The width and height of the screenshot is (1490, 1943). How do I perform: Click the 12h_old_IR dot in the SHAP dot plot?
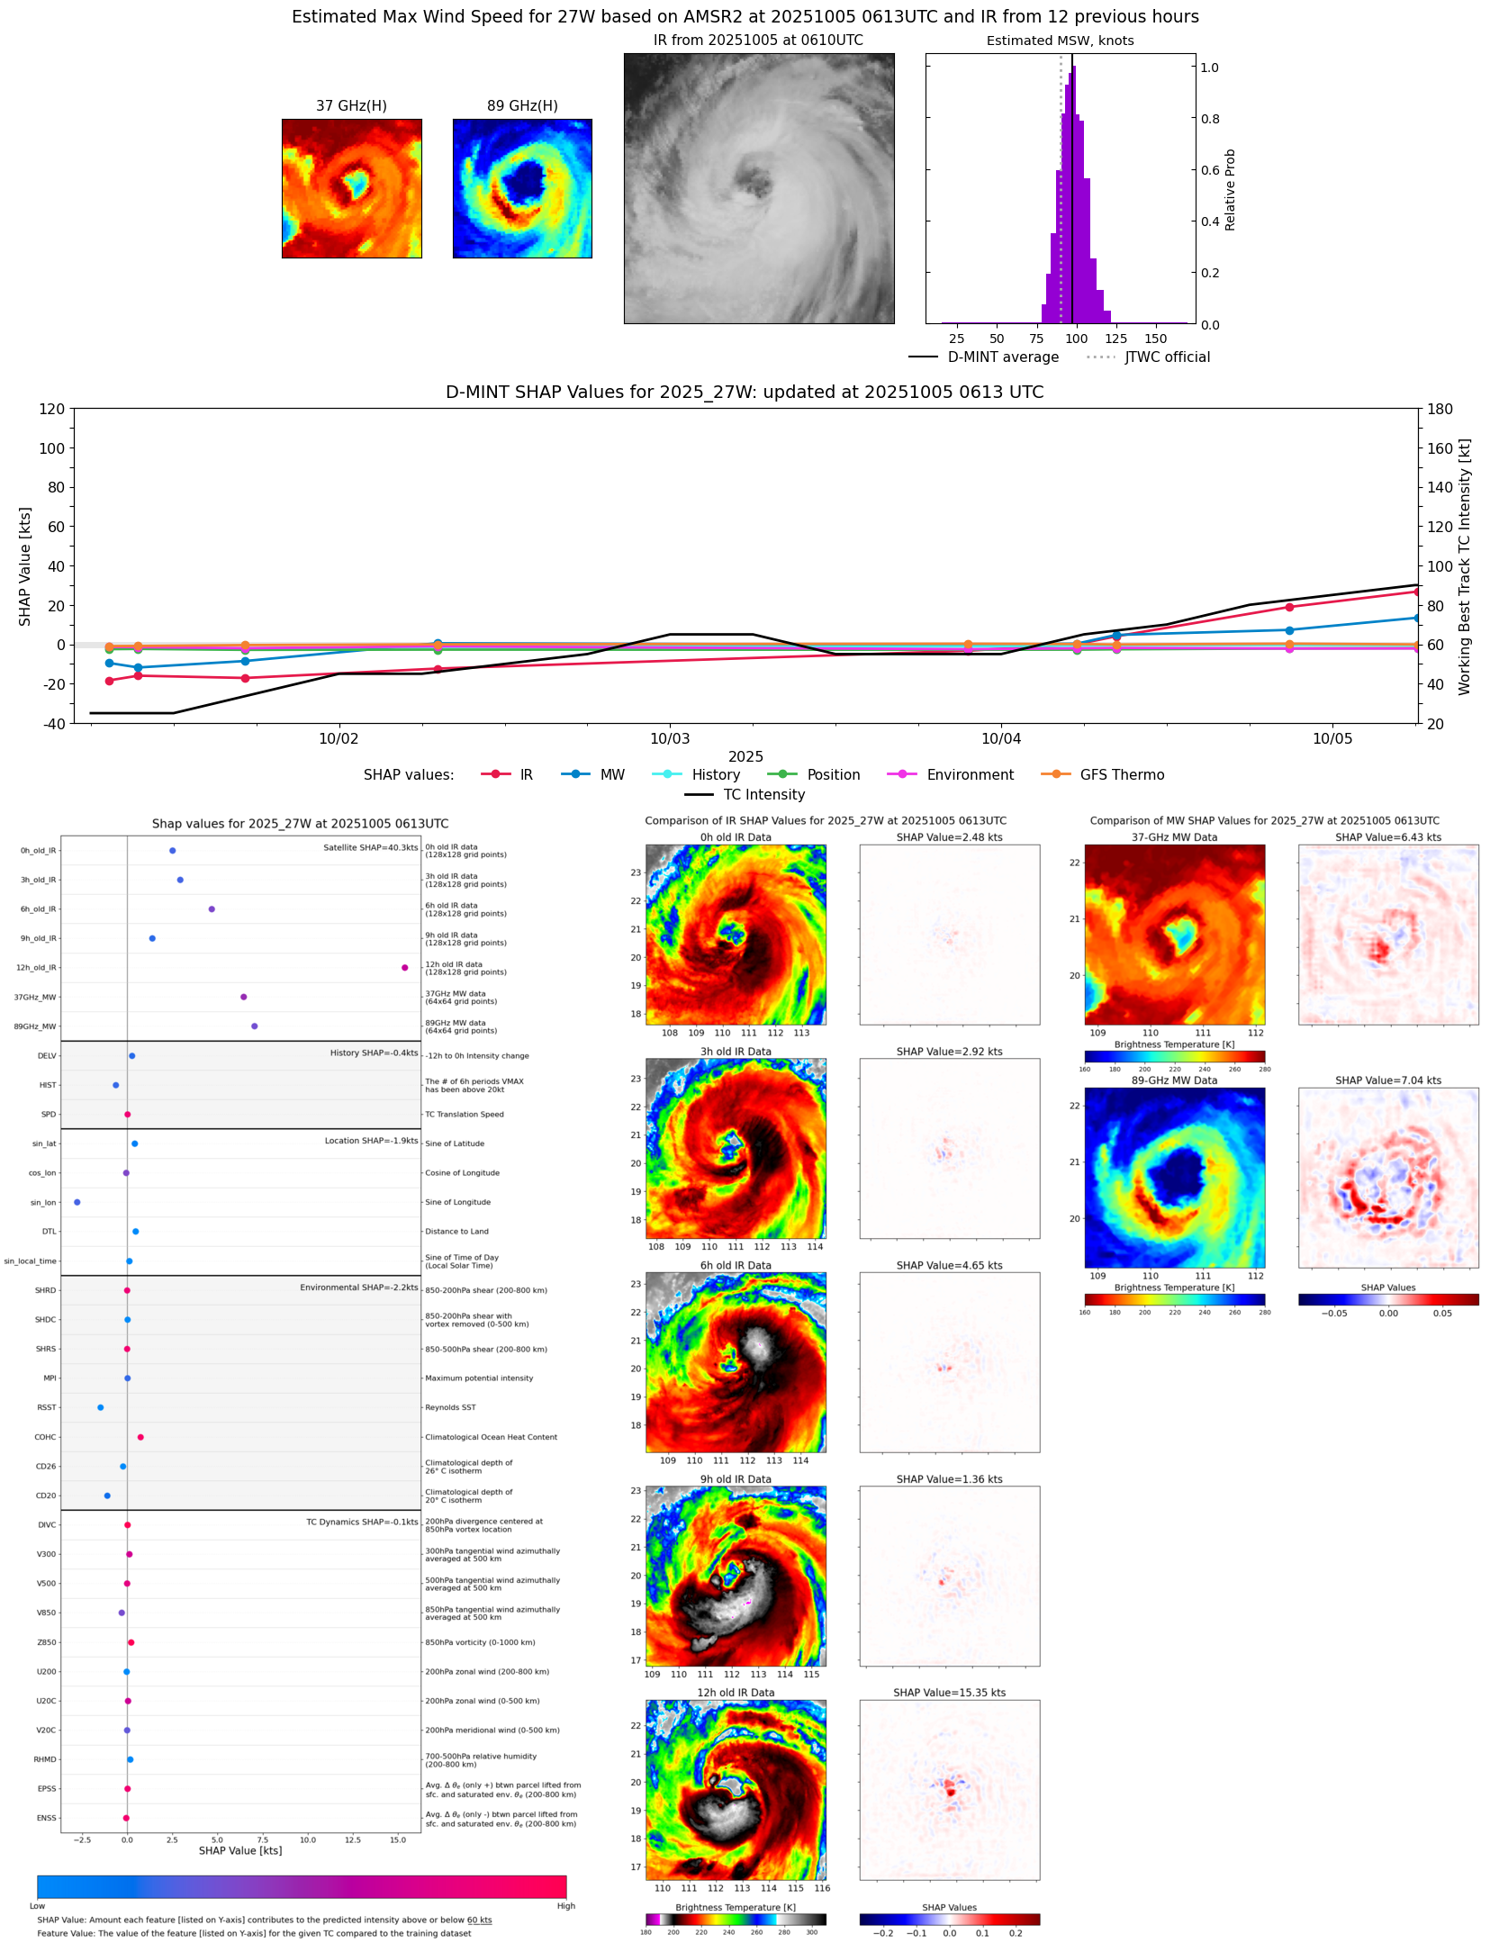coord(405,968)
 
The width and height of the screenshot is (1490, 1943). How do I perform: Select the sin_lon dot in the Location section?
coord(77,1202)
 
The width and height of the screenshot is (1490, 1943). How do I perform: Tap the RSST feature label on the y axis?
coord(47,1407)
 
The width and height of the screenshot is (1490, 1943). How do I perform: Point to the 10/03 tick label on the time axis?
coord(670,739)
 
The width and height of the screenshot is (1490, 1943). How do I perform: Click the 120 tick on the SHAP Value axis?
coord(52,409)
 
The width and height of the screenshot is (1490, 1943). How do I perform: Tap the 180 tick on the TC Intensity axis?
coord(1440,409)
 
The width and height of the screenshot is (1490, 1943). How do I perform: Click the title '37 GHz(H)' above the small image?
coord(351,106)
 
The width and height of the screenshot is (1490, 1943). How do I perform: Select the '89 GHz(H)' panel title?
coord(522,106)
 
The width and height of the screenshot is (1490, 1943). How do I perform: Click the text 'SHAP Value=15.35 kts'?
coord(949,1693)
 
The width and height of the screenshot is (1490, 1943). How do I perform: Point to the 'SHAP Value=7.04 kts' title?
coord(1387,1080)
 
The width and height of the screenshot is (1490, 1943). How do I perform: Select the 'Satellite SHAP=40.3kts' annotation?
coord(370,848)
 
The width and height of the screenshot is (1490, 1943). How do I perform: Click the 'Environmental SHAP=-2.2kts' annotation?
coord(358,1288)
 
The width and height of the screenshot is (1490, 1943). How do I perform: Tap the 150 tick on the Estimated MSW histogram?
coord(1155,339)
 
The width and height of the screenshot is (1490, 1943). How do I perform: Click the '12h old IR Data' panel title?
coord(736,1693)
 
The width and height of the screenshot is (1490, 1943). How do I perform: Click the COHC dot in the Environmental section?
coord(140,1437)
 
